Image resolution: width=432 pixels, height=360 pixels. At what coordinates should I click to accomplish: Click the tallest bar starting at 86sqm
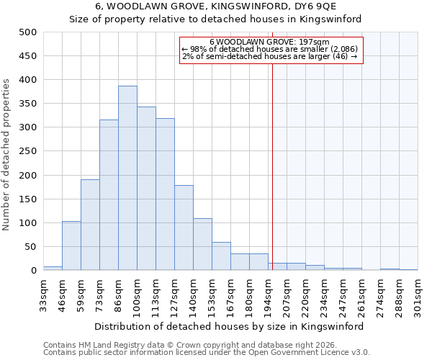[x=127, y=179]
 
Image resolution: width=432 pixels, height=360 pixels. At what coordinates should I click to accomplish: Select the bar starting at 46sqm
[x=71, y=246]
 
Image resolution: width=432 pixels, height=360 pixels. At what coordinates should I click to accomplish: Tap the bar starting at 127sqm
[x=184, y=228]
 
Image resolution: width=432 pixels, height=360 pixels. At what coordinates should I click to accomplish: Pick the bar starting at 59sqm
[x=90, y=225]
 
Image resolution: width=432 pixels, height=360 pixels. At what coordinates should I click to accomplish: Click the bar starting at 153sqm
[x=221, y=256]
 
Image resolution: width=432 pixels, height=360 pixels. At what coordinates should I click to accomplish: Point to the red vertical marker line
[x=272, y=158]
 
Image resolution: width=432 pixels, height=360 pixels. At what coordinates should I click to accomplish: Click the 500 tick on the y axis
[x=28, y=32]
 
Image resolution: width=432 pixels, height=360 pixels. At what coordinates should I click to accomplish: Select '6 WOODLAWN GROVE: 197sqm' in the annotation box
[x=270, y=42]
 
